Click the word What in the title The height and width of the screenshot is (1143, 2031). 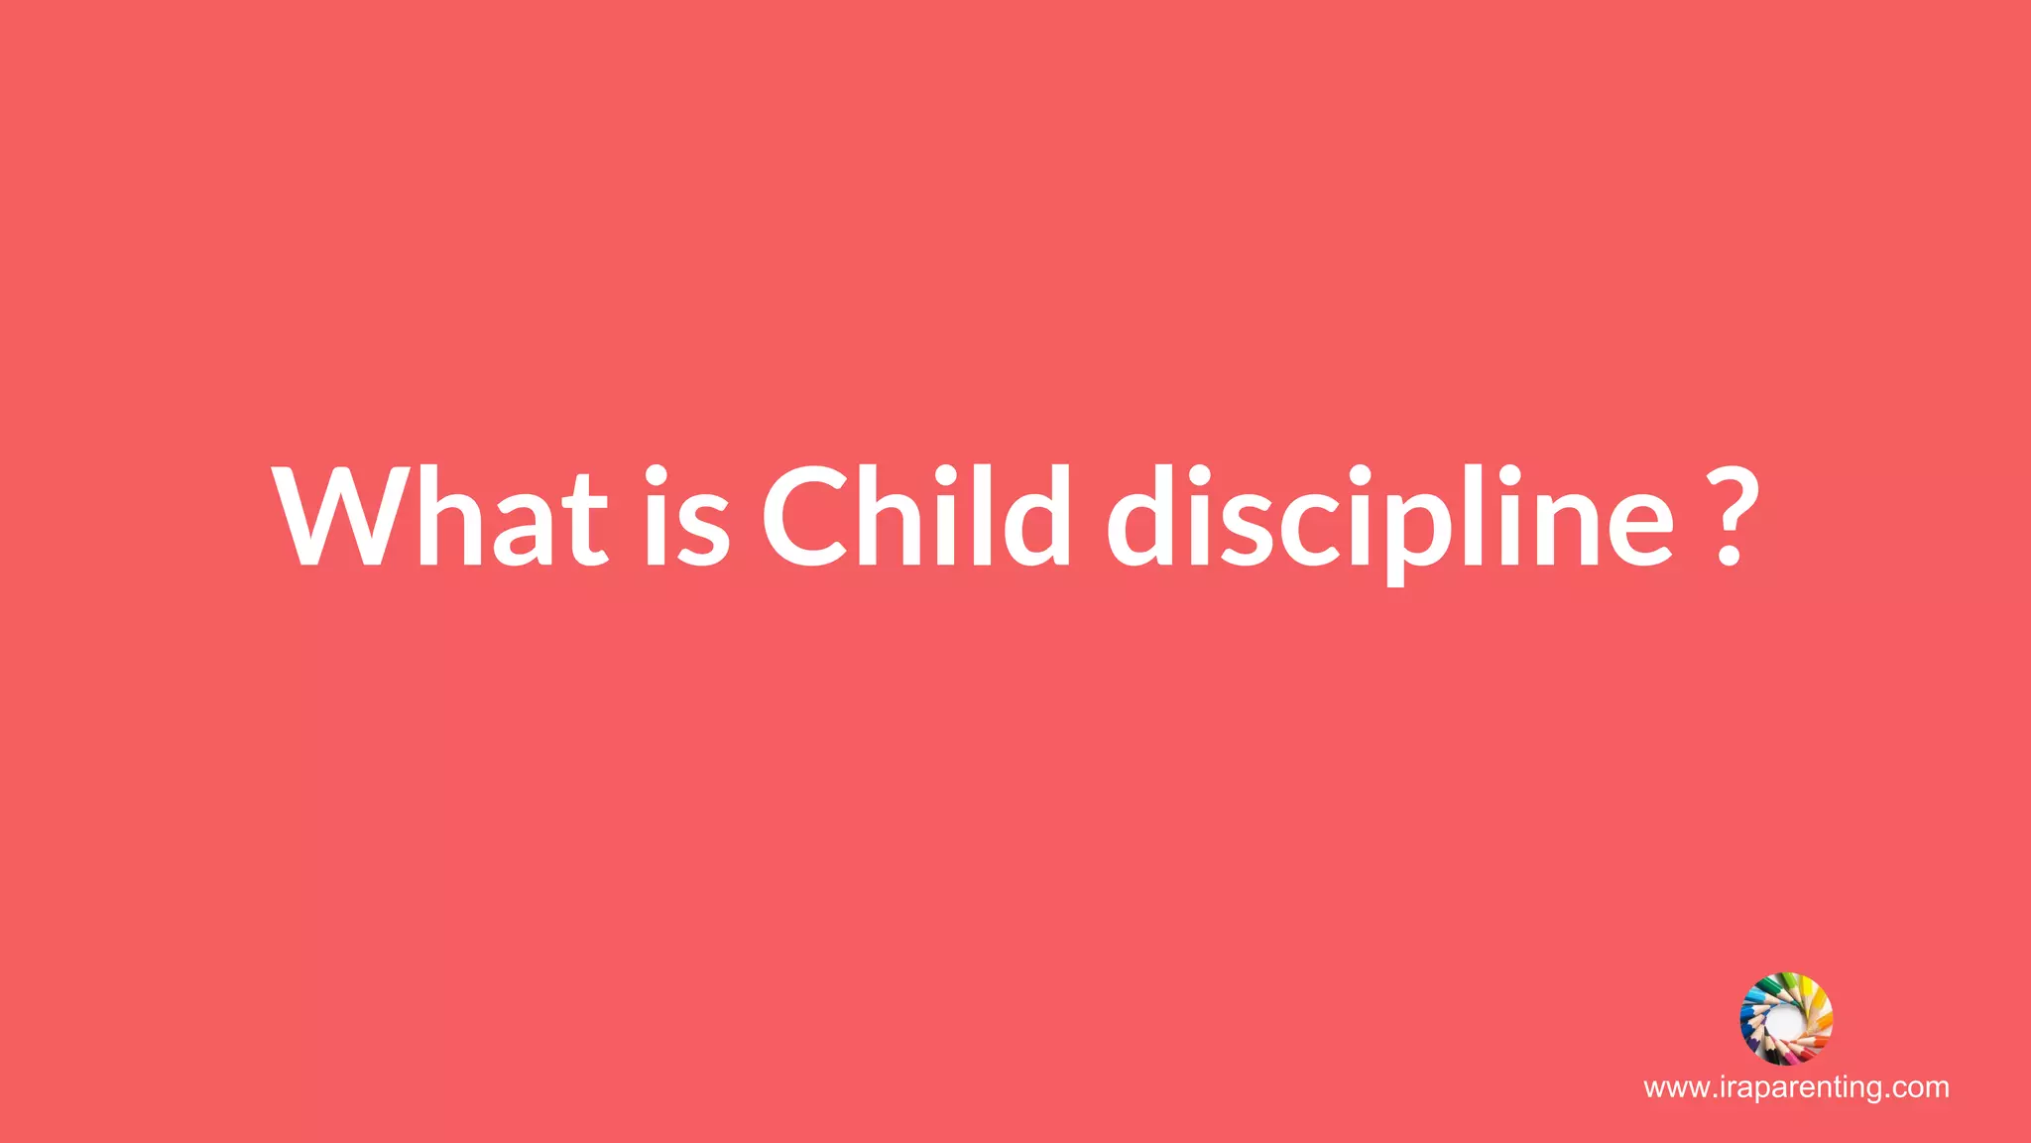pyautogui.click(x=440, y=516)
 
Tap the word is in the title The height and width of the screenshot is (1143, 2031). pyautogui.click(x=687, y=516)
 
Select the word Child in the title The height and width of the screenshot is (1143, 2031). pyautogui.click(x=916, y=516)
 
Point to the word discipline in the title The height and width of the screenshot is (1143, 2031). pyautogui.click(x=1389, y=518)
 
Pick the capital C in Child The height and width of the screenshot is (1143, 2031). pyautogui.click(x=807, y=516)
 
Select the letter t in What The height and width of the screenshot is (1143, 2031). pyautogui.click(x=583, y=521)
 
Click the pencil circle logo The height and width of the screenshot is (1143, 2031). pyautogui.click(x=1787, y=1018)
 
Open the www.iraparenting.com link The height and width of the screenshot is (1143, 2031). pyautogui.click(x=1796, y=1087)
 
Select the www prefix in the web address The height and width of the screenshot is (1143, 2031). pyautogui.click(x=1675, y=1088)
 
